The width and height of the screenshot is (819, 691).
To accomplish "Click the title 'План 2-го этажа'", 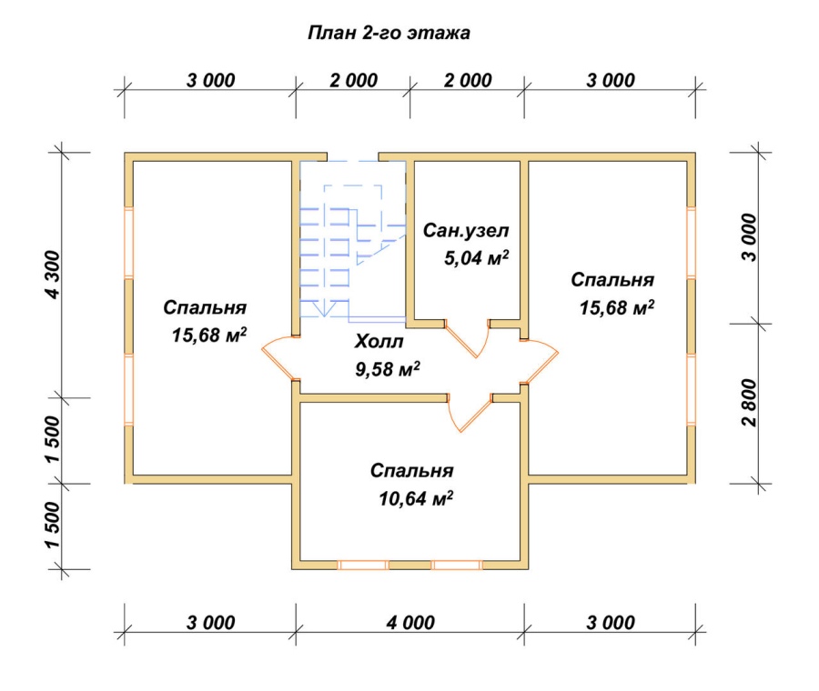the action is point(389,33).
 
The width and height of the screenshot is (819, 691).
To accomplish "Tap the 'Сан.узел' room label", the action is point(465,230).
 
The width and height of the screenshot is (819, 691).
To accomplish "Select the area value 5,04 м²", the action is point(476,258).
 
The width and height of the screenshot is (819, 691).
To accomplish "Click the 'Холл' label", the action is point(379,341).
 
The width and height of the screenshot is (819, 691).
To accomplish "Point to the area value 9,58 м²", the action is point(388,369).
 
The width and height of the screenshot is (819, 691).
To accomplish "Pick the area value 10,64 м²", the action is point(416,498).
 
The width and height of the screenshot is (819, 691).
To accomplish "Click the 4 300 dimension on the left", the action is point(53,275).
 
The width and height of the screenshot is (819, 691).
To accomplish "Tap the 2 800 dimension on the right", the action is point(749,403).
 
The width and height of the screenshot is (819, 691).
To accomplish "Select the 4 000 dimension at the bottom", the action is point(410,622).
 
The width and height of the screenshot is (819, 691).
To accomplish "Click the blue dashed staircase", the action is point(352,239).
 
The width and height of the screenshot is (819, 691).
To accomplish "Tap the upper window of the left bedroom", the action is point(128,242).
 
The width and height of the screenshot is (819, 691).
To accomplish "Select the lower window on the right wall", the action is point(691,389).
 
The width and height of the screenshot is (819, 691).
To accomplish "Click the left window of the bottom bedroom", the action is point(362,566).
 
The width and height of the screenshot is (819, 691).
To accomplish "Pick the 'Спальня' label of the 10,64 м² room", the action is point(411,471).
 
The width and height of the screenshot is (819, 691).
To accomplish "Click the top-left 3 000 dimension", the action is point(210,80).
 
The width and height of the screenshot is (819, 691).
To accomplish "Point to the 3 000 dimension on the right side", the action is point(749,237).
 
